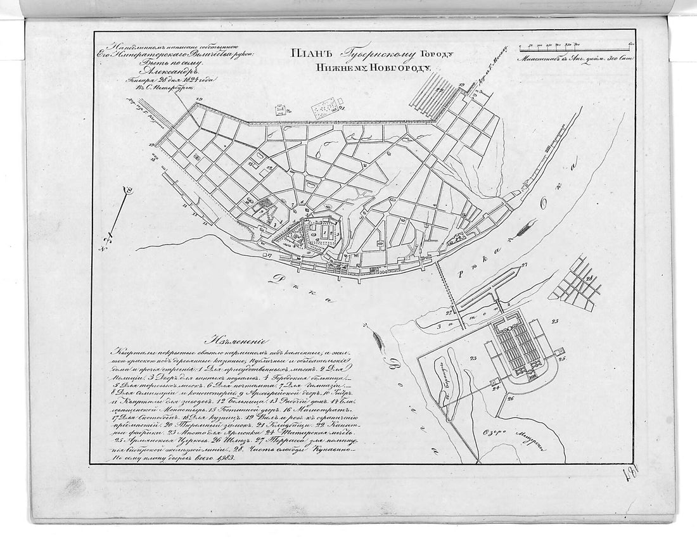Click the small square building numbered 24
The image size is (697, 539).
(x=497, y=381)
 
